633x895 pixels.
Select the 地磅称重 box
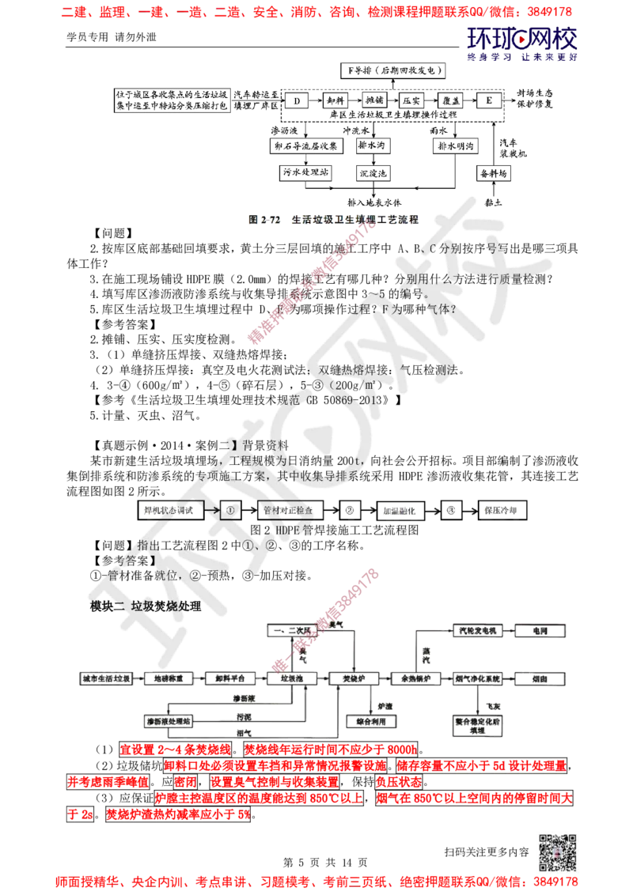click(172, 678)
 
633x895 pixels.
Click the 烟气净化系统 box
click(478, 678)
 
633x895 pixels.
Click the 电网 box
click(541, 630)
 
